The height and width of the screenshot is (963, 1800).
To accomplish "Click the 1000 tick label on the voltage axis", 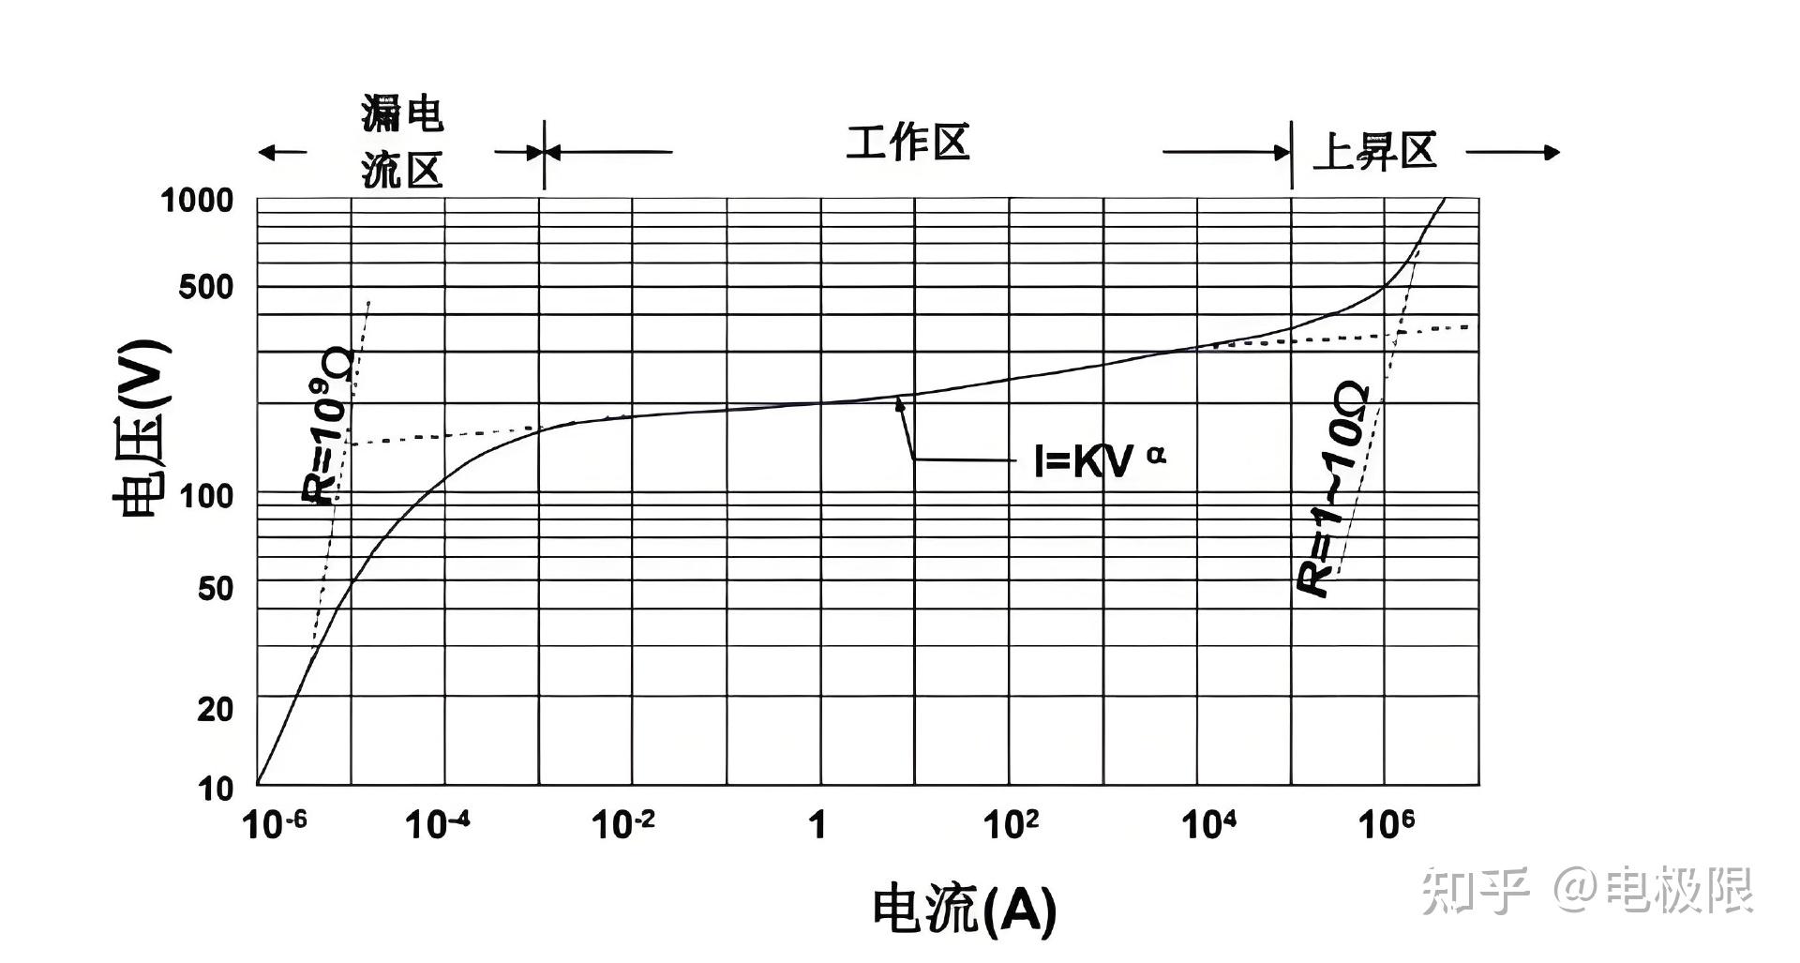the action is pyautogui.click(x=197, y=200).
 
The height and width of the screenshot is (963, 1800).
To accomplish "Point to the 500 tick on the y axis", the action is pyautogui.click(x=206, y=287).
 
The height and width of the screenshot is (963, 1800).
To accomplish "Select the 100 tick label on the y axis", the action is pyautogui.click(x=206, y=495).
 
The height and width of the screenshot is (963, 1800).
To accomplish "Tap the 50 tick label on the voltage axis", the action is pyautogui.click(x=216, y=589).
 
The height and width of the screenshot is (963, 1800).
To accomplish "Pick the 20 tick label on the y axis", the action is pyautogui.click(x=216, y=709).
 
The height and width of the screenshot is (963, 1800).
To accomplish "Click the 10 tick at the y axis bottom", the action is pyautogui.click(x=216, y=789).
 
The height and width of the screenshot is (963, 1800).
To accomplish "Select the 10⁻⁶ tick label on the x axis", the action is pyautogui.click(x=274, y=824).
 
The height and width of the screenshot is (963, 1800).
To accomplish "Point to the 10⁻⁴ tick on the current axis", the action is pyautogui.click(x=437, y=824).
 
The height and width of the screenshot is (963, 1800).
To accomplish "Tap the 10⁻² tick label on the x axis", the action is pyautogui.click(x=623, y=824).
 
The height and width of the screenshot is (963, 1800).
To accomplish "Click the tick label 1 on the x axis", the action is pyautogui.click(x=818, y=824).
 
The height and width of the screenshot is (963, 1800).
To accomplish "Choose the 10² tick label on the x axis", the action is pyautogui.click(x=1011, y=824).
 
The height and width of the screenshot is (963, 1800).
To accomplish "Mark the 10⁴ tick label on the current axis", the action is pyautogui.click(x=1208, y=824).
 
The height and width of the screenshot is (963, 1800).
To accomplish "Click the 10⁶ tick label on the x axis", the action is pyautogui.click(x=1387, y=824).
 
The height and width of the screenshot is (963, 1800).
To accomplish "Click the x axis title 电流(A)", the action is pyautogui.click(x=965, y=908).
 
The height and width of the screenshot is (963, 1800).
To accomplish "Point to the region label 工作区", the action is pyautogui.click(x=907, y=143).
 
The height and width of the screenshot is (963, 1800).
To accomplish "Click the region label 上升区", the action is pyautogui.click(x=1375, y=151).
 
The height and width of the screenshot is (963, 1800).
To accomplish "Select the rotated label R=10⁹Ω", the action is pyautogui.click(x=328, y=427).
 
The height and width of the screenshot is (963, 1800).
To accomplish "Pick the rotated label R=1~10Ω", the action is pyautogui.click(x=1333, y=488).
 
